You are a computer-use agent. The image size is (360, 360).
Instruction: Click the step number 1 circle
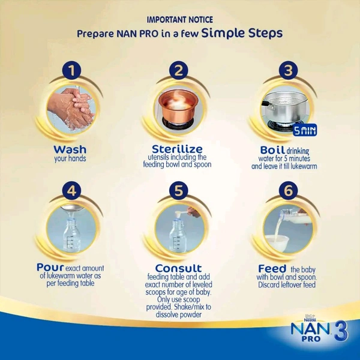click(x=71, y=70)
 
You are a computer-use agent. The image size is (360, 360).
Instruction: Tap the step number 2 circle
click(x=179, y=70)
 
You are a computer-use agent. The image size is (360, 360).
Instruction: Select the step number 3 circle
click(x=289, y=70)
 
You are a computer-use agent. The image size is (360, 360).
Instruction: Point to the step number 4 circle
click(x=71, y=190)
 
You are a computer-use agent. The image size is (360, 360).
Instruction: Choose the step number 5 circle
click(x=179, y=190)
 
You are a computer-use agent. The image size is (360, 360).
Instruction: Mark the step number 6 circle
click(x=289, y=190)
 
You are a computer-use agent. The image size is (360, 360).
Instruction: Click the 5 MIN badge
click(x=305, y=130)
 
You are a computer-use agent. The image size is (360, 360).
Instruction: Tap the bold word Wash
click(x=70, y=149)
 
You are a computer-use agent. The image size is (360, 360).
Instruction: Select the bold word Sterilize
click(x=177, y=149)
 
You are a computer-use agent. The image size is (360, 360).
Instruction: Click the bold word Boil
click(x=272, y=150)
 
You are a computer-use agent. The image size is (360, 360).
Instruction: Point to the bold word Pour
click(x=50, y=268)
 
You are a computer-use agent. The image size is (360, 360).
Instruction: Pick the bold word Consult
click(x=178, y=268)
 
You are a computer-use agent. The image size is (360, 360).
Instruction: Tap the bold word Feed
click(x=272, y=268)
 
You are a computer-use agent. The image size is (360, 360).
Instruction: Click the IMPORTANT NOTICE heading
click(x=180, y=20)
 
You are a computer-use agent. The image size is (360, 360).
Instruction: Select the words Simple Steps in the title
click(x=242, y=33)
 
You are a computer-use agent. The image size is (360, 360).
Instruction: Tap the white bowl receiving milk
click(x=277, y=244)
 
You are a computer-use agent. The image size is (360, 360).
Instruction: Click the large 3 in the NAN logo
click(x=341, y=331)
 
